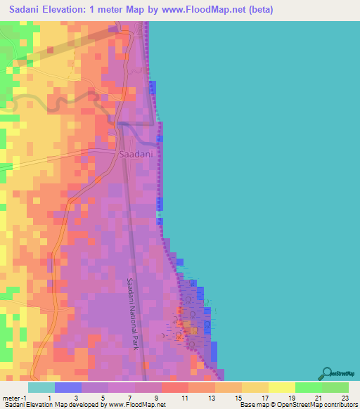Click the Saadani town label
click(136, 154)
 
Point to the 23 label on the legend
click(345, 398)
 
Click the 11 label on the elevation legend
click(184, 398)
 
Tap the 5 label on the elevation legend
click(103, 398)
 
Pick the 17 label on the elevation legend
click(264, 398)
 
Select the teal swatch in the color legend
click(41, 387)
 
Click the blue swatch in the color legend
click(68, 387)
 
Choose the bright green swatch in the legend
click(309, 387)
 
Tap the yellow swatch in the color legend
click(282, 387)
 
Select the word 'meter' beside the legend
click(10, 398)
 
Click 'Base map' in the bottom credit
click(253, 405)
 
